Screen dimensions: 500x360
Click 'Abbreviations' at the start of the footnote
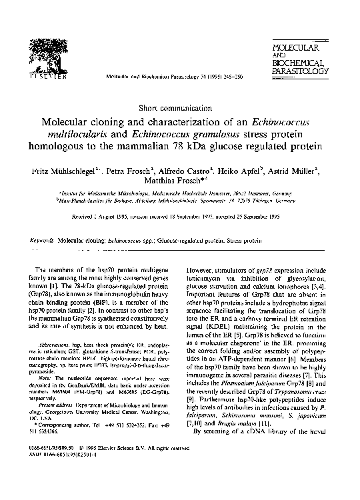[x=63, y=345]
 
